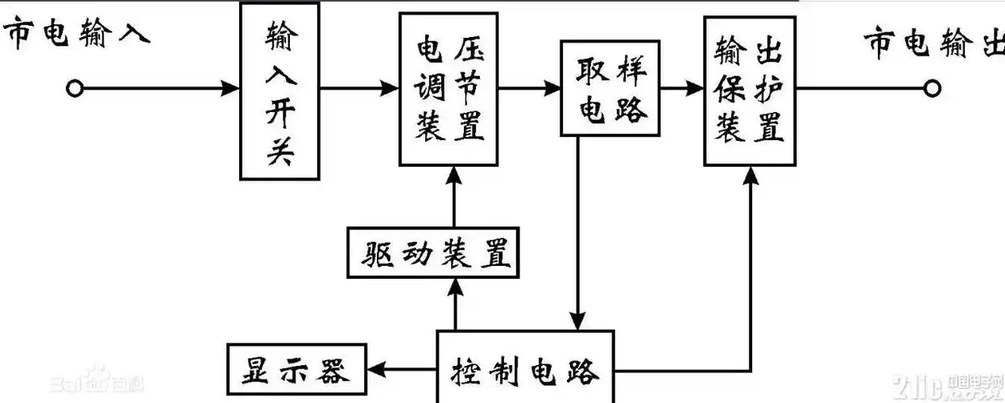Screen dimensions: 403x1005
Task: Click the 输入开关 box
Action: click(279, 90)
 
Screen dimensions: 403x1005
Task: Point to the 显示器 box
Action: click(296, 370)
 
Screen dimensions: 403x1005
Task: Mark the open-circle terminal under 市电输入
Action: click(75, 89)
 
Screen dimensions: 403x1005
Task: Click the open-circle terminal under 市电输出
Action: click(933, 89)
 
